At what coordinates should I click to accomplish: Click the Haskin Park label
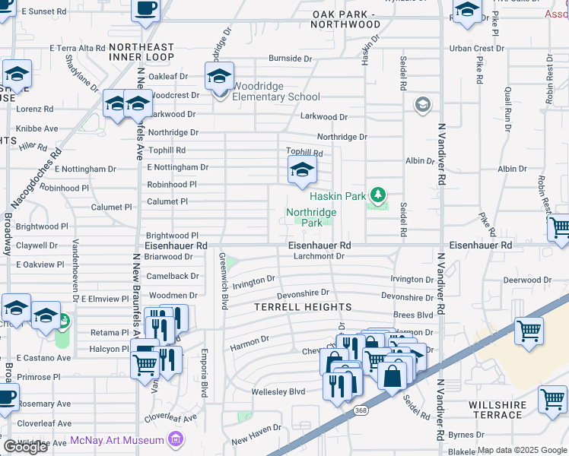[338, 196]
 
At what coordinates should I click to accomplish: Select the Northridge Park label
[311, 217]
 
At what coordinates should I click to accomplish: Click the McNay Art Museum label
[117, 440]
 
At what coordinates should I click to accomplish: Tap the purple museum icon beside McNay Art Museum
[176, 439]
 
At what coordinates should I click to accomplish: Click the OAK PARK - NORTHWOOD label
[355, 20]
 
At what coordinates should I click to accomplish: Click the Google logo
[26, 447]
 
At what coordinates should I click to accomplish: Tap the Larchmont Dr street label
[319, 257]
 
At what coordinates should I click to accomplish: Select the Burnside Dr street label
[286, 59]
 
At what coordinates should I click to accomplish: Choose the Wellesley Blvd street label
[278, 392]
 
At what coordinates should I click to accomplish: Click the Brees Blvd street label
[413, 315]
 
